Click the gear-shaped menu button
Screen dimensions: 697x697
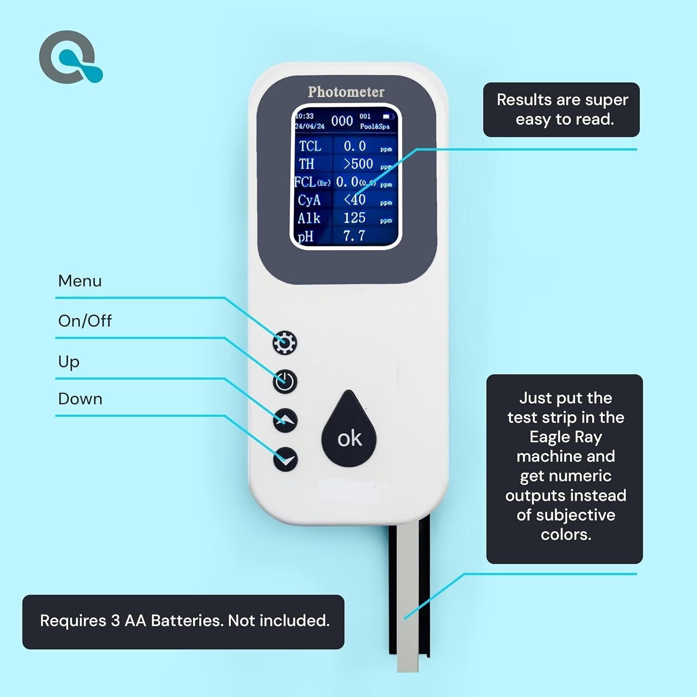coord(284,343)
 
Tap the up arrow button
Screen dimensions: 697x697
coord(285,421)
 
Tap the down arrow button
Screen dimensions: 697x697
coord(285,459)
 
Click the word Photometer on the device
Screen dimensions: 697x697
coord(346,92)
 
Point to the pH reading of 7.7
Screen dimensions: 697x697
coord(354,236)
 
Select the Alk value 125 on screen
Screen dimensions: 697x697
coord(355,218)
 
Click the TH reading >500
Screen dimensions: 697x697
coord(358,164)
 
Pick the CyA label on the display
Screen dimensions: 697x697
coord(309,200)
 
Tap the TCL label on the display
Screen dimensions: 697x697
coord(310,146)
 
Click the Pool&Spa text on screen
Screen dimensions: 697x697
coord(375,126)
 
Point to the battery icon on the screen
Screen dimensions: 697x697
coord(388,116)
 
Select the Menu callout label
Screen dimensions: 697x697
coord(80,281)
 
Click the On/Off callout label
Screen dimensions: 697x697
coord(85,321)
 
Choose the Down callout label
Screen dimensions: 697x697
coord(80,399)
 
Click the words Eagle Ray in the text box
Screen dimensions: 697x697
coord(565,437)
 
